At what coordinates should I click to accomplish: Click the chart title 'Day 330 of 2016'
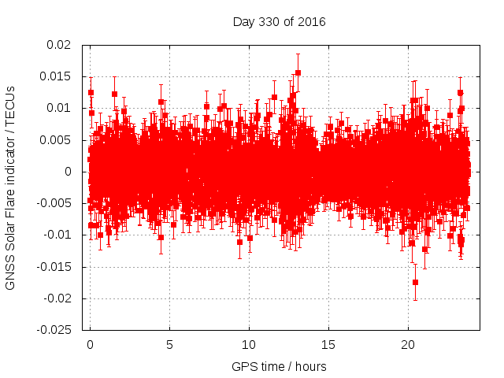pyautogui.click(x=279, y=21)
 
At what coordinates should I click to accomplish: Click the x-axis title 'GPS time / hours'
pyautogui.click(x=279, y=367)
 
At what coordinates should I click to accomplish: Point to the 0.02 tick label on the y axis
pyautogui.click(x=60, y=45)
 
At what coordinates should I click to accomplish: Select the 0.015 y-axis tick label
pyautogui.click(x=57, y=76)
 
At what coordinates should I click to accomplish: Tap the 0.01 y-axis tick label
pyautogui.click(x=60, y=108)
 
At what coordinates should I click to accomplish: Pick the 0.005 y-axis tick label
pyautogui.click(x=57, y=140)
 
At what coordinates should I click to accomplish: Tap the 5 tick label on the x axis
pyautogui.click(x=169, y=345)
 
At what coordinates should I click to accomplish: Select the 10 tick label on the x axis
pyautogui.click(x=249, y=345)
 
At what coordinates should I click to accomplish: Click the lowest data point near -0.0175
pyautogui.click(x=415, y=282)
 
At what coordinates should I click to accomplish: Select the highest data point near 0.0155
pyautogui.click(x=298, y=72)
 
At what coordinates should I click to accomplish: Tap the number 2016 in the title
pyautogui.click(x=311, y=21)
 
